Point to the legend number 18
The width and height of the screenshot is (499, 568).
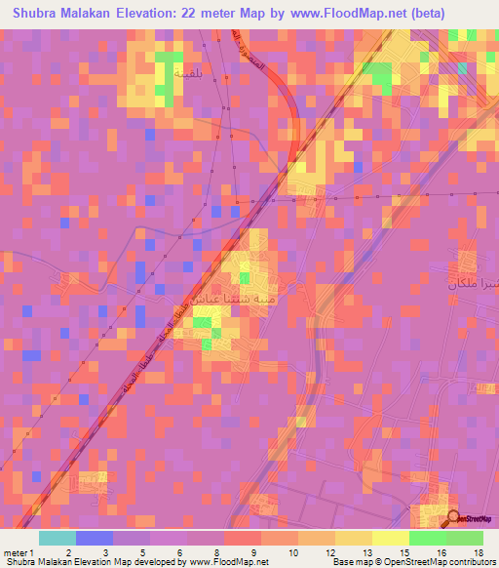478,551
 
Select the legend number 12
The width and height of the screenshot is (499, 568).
328,551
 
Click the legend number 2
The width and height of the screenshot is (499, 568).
67,551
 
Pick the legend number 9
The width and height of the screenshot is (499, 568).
253,551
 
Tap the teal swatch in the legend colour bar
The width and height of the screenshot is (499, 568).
58,538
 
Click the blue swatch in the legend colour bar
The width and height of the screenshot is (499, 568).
95,538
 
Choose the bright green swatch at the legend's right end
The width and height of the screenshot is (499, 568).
464,538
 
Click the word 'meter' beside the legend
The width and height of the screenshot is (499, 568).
14,551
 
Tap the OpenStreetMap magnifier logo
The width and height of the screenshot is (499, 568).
453,518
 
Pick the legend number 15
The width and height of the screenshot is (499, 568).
403,551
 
